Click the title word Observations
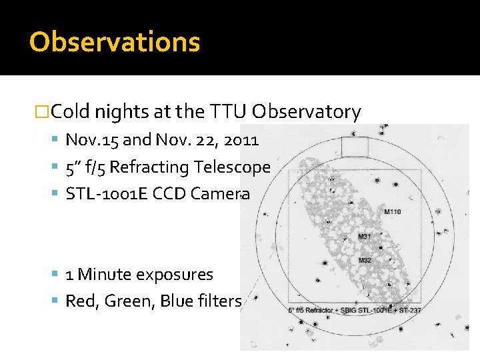(x=114, y=41)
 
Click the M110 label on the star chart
(x=393, y=212)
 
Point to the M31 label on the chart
(x=365, y=237)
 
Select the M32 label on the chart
(x=365, y=259)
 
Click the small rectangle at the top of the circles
(x=355, y=146)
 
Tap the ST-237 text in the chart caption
(x=409, y=310)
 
